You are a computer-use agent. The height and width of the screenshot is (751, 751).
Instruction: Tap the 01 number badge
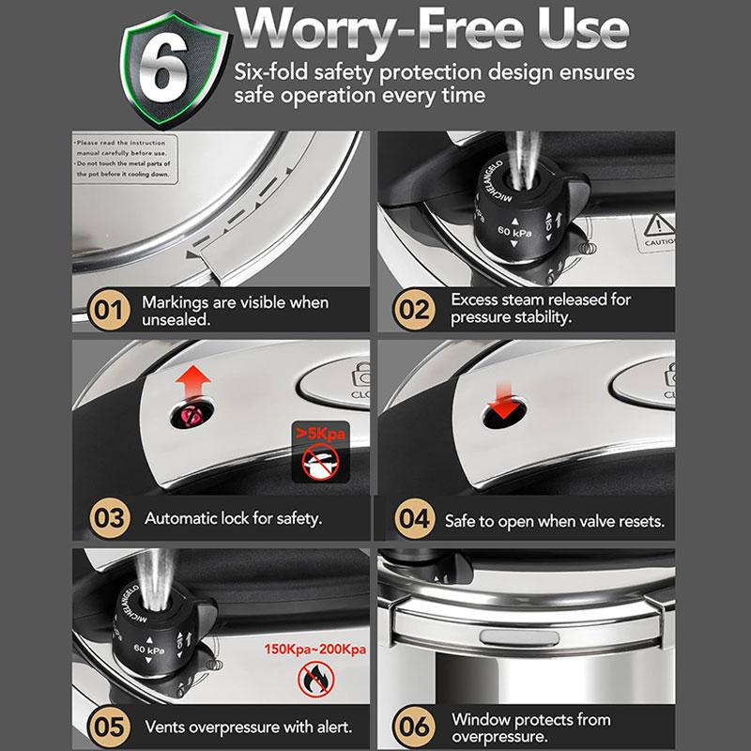[x=105, y=311]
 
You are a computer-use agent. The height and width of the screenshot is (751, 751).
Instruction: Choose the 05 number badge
[x=105, y=726]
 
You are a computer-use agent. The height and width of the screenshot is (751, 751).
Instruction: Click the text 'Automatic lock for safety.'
[x=233, y=518]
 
